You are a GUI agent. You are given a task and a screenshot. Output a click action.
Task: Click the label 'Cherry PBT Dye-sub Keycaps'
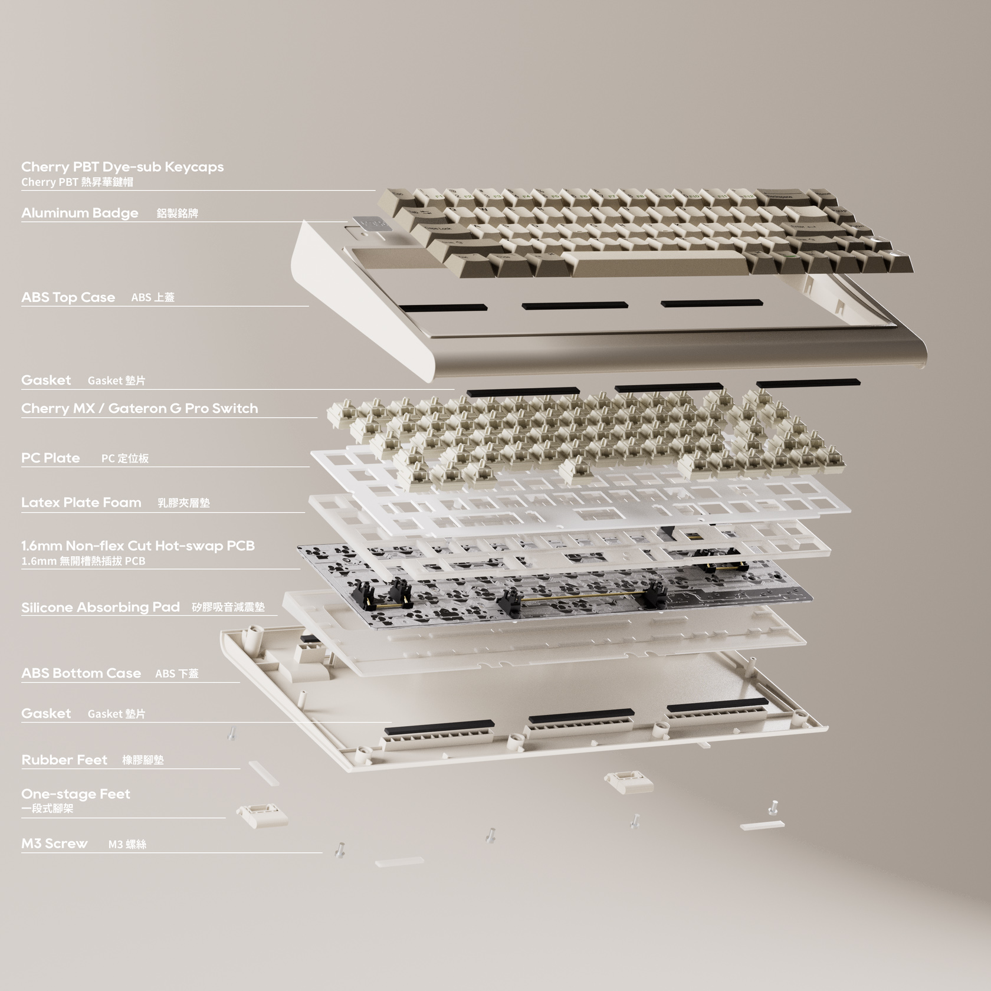122,167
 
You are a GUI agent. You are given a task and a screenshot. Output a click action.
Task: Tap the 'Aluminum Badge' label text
80,213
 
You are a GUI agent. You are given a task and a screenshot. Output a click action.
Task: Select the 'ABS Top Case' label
68,297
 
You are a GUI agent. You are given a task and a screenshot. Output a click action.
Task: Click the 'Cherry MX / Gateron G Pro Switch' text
139,408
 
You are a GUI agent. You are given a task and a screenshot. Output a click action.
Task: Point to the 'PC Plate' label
50,458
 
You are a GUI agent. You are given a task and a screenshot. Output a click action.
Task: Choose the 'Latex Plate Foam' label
81,503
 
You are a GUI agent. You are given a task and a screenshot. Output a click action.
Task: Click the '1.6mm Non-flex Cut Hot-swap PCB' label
137,546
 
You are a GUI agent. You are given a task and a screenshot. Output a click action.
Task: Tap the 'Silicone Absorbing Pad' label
100,607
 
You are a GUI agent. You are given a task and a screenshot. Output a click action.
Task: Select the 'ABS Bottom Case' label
81,673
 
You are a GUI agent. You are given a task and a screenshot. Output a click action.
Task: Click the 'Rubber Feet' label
64,760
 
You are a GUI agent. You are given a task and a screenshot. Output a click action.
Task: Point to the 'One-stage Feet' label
76,794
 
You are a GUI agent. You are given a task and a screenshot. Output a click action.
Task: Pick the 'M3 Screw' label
54,844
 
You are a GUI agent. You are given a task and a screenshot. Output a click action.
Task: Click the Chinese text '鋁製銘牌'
178,214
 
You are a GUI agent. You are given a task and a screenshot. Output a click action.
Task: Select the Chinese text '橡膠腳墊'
143,760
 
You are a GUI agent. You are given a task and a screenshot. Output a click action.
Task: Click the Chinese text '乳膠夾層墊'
184,503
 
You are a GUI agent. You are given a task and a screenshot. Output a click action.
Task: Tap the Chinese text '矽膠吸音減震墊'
228,607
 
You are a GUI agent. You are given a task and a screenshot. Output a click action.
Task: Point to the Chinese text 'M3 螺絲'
127,844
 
